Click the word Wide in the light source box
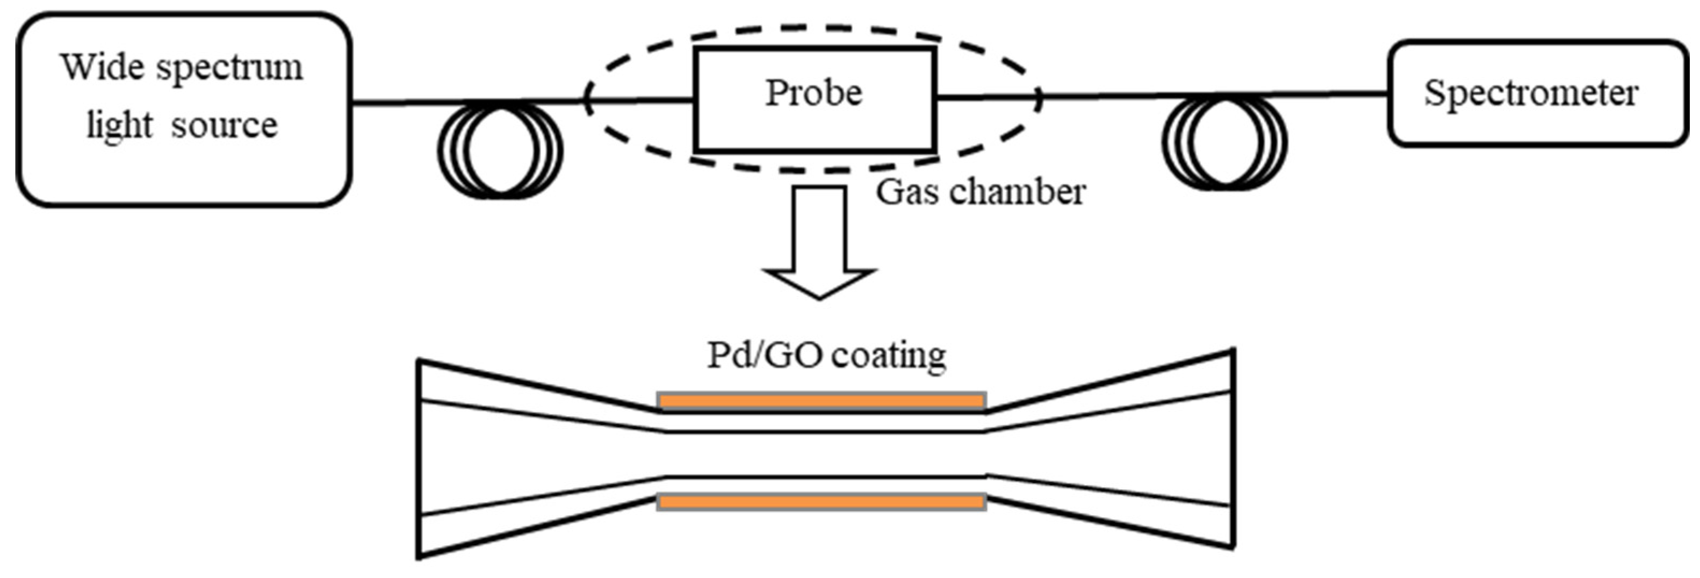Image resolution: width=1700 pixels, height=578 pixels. (x=102, y=67)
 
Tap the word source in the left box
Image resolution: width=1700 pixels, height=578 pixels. (x=225, y=125)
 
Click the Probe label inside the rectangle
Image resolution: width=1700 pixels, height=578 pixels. (x=813, y=93)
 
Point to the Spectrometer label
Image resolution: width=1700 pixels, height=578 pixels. (x=1531, y=93)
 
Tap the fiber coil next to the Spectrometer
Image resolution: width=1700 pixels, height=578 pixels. (x=1224, y=142)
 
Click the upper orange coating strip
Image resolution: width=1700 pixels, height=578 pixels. (x=822, y=401)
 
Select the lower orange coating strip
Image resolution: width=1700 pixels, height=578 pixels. (x=822, y=502)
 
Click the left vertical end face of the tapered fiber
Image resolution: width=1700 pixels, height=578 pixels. (x=419, y=459)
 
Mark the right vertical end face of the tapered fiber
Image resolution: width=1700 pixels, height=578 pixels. (x=1232, y=449)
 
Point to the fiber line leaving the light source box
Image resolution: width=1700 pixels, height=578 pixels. (x=396, y=102)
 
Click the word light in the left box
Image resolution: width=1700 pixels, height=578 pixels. (x=119, y=125)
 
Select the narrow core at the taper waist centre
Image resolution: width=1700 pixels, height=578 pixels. (x=822, y=454)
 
